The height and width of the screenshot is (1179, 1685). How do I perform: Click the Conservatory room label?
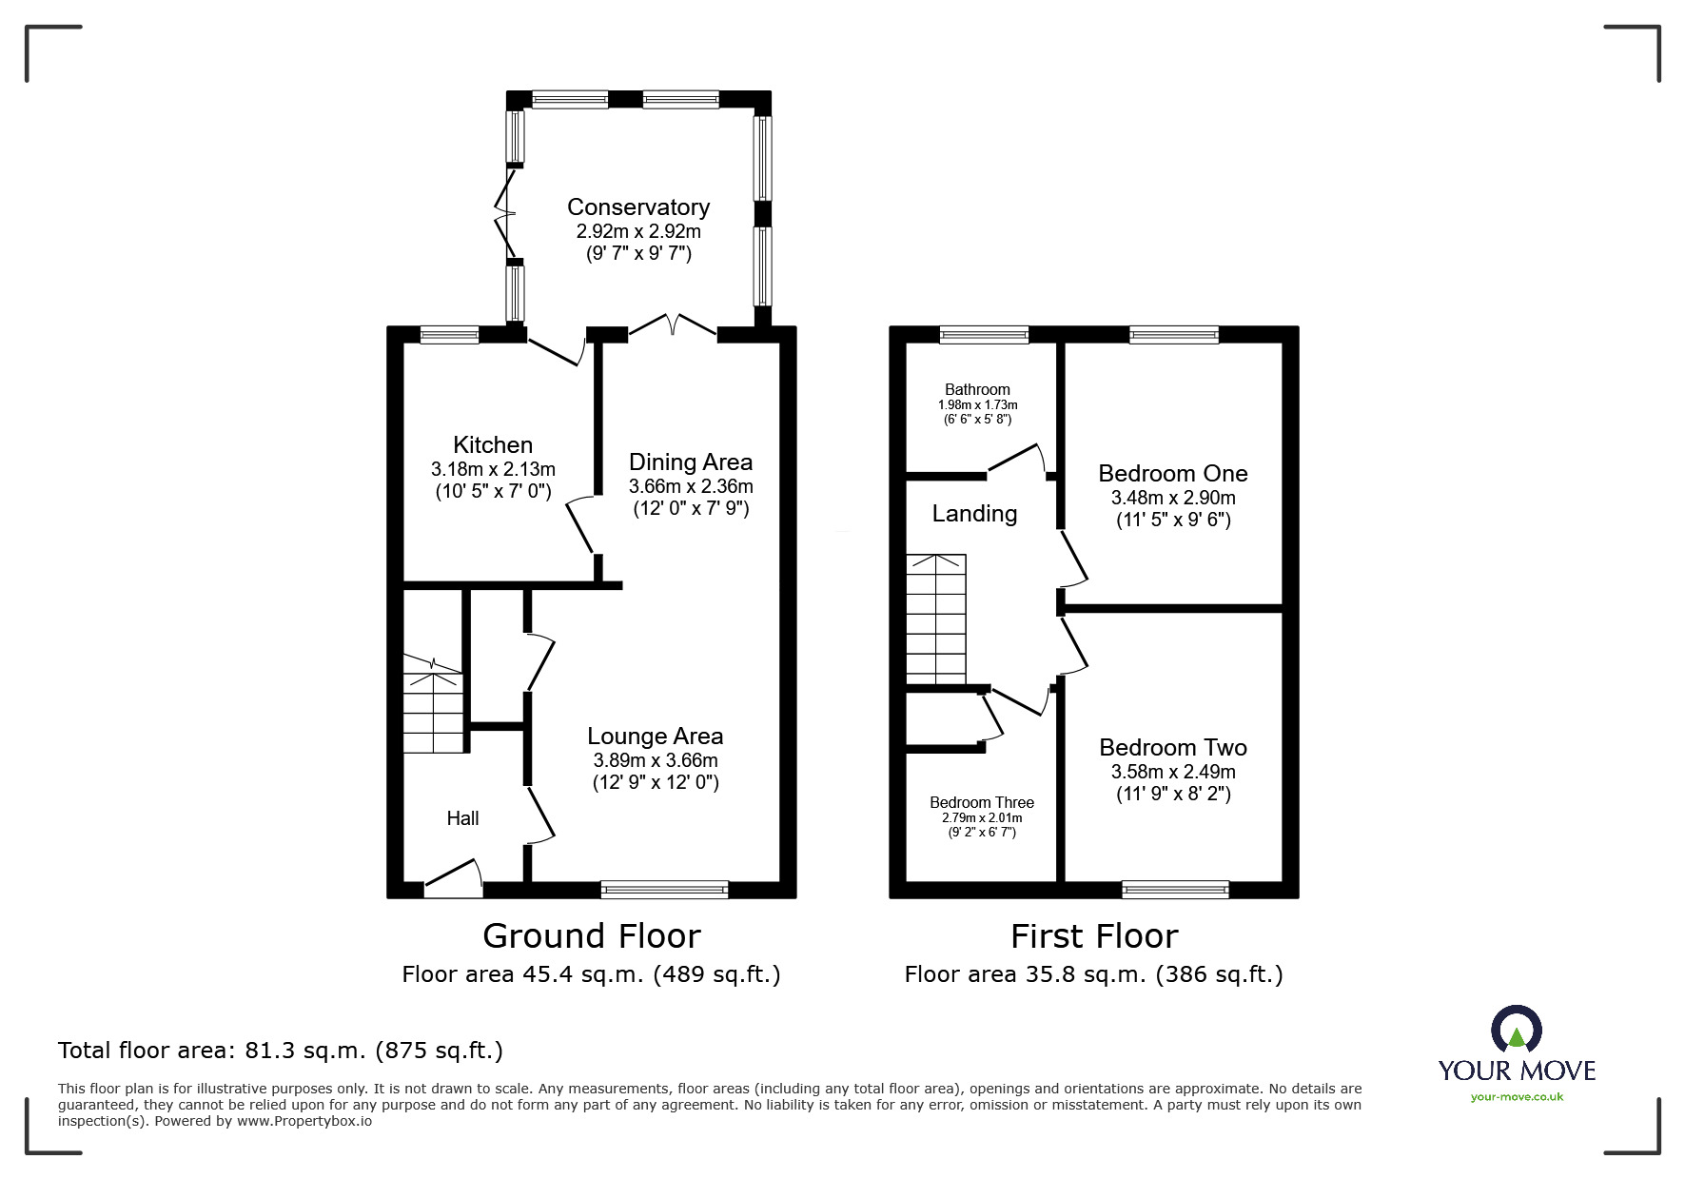(x=637, y=206)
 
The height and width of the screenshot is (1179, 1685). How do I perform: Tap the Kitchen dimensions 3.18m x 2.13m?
(x=493, y=469)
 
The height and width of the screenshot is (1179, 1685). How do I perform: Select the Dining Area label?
(x=690, y=462)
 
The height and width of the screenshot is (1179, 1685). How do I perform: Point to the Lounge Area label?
(x=655, y=736)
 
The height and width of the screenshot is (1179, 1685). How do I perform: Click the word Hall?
(x=462, y=818)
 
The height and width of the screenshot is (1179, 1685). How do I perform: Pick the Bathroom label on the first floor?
(x=977, y=389)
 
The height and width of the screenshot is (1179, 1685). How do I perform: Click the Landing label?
(x=974, y=514)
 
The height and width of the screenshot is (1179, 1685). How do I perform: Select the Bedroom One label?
(x=1172, y=473)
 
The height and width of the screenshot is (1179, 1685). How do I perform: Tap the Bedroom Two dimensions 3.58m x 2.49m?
(x=1173, y=772)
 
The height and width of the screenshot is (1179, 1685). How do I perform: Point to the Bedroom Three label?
(x=982, y=802)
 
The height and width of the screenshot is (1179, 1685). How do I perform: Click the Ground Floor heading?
(x=591, y=936)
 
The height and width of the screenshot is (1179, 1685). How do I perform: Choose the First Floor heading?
(x=1093, y=936)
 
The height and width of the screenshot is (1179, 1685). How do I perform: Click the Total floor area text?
(x=281, y=1051)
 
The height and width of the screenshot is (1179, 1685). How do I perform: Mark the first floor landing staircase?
(x=935, y=619)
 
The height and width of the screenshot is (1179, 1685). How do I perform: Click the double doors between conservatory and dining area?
(x=672, y=326)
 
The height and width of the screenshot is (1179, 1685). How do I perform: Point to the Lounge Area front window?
(x=664, y=890)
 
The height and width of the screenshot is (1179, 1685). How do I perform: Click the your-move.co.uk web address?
(x=1517, y=1097)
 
